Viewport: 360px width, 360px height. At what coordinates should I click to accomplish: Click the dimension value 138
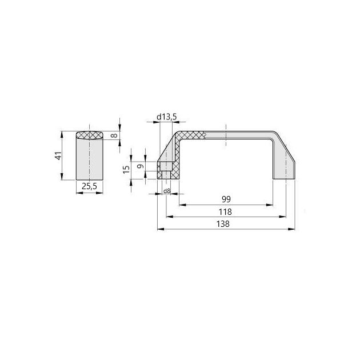[x=223, y=223]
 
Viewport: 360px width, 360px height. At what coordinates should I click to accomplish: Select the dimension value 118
[x=225, y=211]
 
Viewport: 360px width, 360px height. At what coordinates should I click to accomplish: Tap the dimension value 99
[x=226, y=199]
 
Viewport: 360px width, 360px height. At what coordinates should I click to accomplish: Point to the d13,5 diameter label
[x=167, y=117]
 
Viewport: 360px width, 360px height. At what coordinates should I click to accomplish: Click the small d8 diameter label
[x=167, y=191]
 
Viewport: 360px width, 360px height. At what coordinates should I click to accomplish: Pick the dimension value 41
[x=58, y=155]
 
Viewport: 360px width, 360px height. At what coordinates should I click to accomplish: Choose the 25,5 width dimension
[x=89, y=186]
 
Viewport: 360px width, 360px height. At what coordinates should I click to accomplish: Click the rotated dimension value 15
[x=126, y=170]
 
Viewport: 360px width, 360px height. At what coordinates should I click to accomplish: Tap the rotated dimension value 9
[x=141, y=166]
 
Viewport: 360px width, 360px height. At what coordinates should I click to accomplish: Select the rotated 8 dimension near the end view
[x=114, y=135]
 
